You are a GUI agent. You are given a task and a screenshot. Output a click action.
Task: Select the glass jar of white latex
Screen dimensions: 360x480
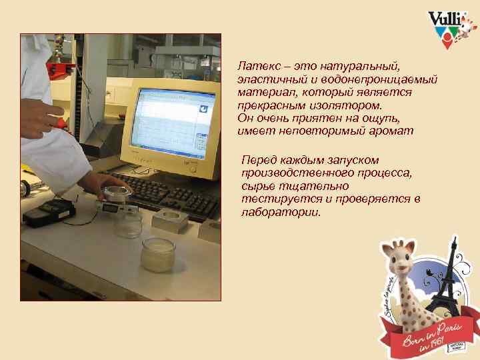point(158,253)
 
